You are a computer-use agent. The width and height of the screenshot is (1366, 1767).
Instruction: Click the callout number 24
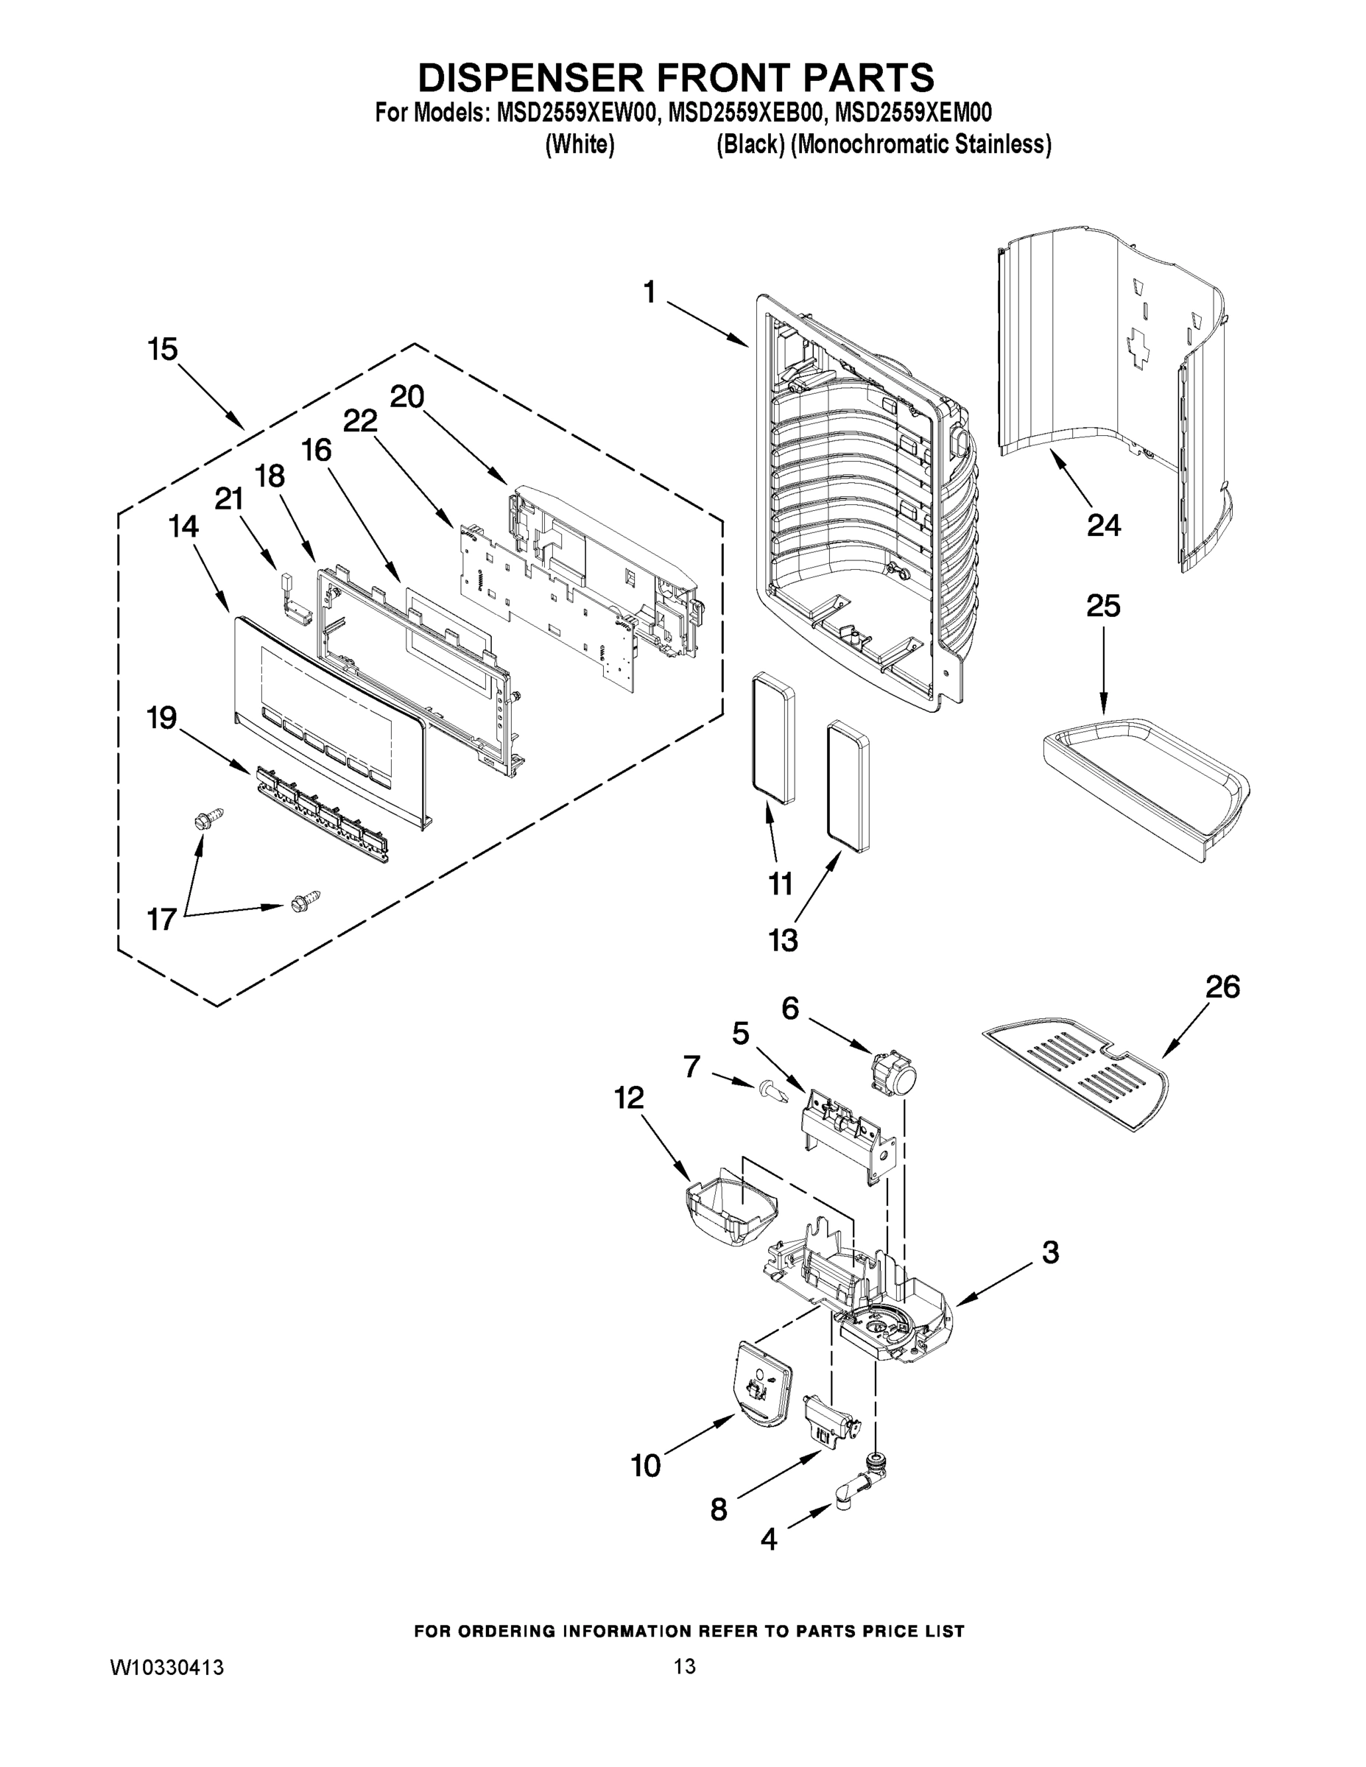pyautogui.click(x=1103, y=525)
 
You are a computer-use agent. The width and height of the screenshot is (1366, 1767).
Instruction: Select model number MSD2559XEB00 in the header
pyautogui.click(x=743, y=111)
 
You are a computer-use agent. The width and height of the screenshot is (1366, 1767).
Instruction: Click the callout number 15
pyautogui.click(x=163, y=350)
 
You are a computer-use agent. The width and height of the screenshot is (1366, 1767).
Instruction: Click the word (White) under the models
pyautogui.click(x=580, y=145)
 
